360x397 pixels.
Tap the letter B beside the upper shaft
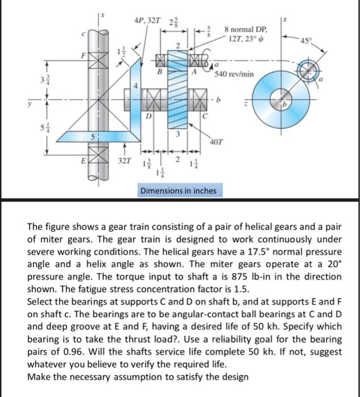tap(160, 72)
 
